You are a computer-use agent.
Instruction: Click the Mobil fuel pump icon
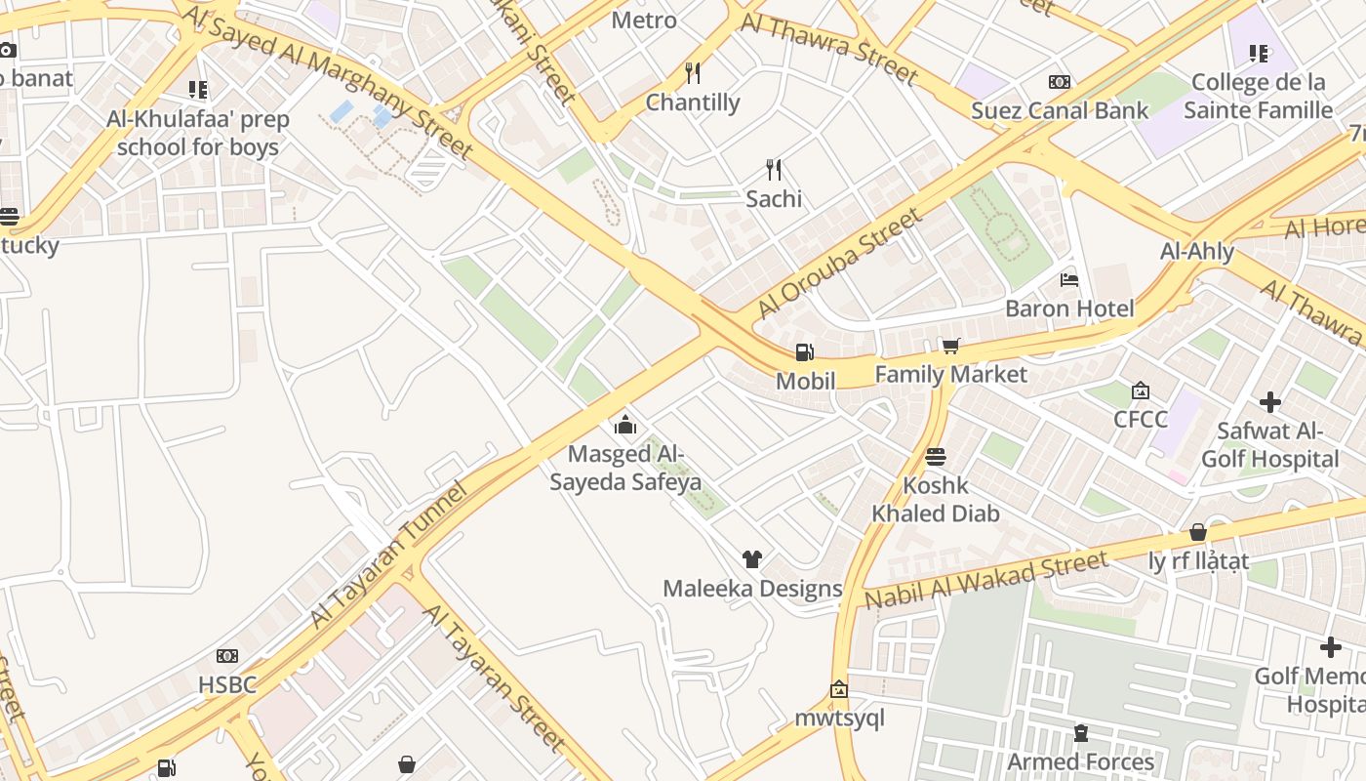tap(805, 352)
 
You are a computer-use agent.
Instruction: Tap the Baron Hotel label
tap(1069, 308)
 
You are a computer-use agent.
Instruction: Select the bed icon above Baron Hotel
tap(1069, 280)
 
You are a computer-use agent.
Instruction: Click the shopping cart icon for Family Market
tap(950, 346)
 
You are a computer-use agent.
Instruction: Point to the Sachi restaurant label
tap(774, 198)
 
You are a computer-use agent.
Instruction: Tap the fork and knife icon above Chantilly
tap(693, 73)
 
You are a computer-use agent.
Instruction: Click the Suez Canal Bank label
tap(1060, 110)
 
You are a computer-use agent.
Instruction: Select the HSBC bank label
tap(227, 684)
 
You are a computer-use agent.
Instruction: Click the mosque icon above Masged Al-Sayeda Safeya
tap(625, 425)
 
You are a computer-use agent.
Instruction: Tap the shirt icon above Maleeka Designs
tap(751, 559)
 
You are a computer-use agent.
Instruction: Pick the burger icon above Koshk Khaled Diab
tap(936, 457)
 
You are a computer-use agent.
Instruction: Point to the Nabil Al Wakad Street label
tap(986, 579)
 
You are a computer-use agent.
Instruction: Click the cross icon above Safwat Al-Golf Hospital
tap(1269, 401)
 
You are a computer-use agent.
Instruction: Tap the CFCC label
tap(1141, 420)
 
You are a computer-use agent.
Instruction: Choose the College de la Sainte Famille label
tap(1258, 96)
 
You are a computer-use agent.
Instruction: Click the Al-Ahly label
tap(1197, 251)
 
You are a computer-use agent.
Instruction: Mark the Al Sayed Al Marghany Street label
tap(328, 81)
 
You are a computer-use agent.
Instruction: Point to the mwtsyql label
tap(839, 719)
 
